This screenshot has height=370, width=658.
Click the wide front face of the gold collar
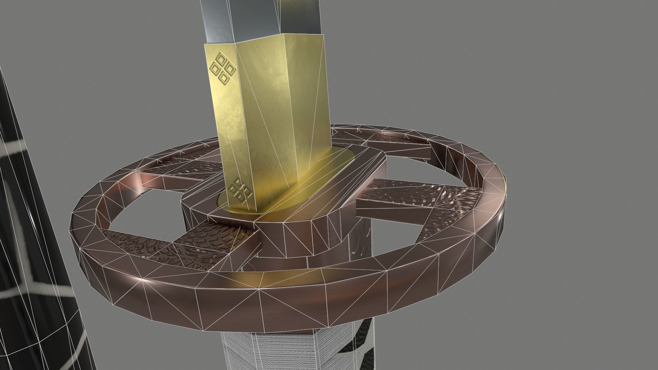tap(278, 103)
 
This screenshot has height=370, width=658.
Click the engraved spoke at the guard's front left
tap(192, 247)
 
